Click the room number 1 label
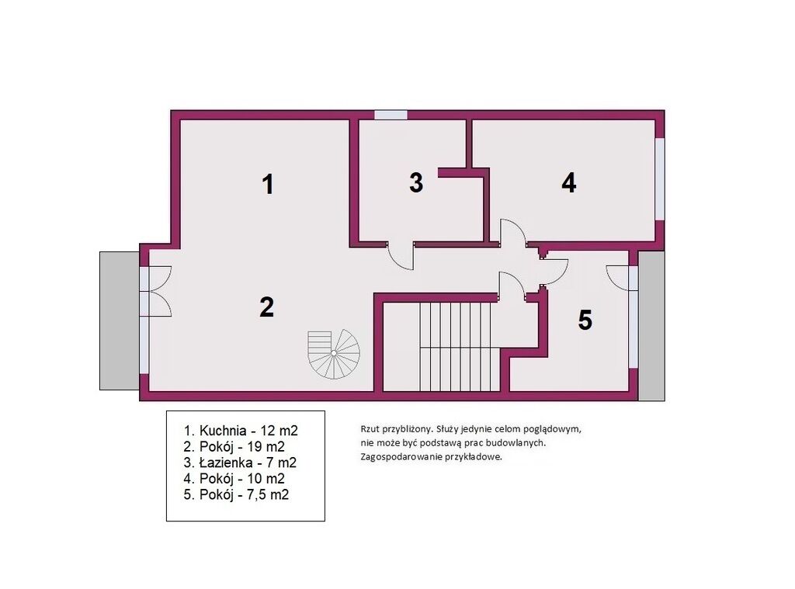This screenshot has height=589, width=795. pyautogui.click(x=268, y=184)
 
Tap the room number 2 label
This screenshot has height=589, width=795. pyautogui.click(x=267, y=307)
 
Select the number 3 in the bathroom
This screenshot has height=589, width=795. pyautogui.click(x=416, y=182)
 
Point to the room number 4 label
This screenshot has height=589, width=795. pyautogui.click(x=569, y=182)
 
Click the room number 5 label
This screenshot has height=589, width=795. pyautogui.click(x=585, y=320)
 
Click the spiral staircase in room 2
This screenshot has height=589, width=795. pyautogui.click(x=334, y=353)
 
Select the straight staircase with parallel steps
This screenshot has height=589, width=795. pyautogui.click(x=455, y=347)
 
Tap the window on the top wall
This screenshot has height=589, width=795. pyautogui.click(x=391, y=115)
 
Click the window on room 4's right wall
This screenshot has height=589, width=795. pyautogui.click(x=659, y=179)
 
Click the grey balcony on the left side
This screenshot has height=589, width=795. pyautogui.click(x=120, y=320)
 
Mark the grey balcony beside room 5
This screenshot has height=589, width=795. pyautogui.click(x=651, y=325)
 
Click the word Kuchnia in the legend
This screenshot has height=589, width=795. pyautogui.click(x=224, y=431)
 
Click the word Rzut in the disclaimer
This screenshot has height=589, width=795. pyautogui.click(x=369, y=429)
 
